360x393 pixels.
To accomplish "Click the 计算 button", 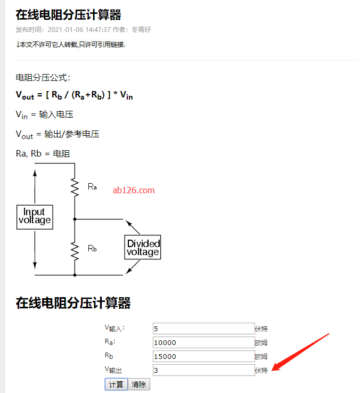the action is [116, 384].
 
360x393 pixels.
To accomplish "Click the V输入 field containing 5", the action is [203, 329].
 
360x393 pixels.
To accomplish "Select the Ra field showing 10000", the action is [203, 342].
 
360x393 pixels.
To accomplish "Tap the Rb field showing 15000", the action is [203, 356].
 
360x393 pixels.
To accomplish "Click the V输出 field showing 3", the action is [203, 370].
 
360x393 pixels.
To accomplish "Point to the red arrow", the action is [301, 352].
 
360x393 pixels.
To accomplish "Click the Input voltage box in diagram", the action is [35, 216].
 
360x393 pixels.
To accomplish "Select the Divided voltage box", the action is [143, 248].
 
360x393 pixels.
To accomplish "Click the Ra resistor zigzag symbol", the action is [75, 187].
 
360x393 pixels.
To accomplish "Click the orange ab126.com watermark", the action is [134, 190].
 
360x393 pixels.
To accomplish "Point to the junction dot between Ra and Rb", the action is [75, 219].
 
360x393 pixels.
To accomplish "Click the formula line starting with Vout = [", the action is [75, 95].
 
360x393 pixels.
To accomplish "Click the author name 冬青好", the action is [141, 30].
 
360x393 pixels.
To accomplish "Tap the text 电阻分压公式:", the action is [43, 77].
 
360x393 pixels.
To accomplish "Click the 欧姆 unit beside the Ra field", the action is [261, 343].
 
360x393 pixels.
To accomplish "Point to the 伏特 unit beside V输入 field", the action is [261, 329].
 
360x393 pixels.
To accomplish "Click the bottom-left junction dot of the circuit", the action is [75, 275].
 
